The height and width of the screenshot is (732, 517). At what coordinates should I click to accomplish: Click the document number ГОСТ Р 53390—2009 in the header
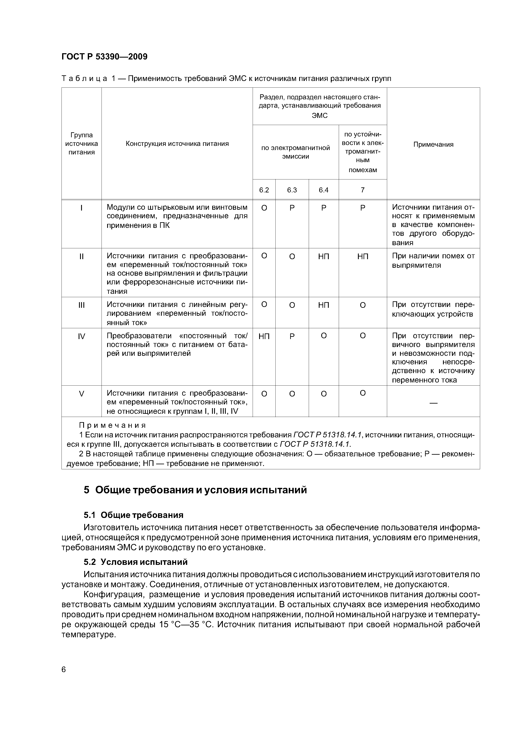(104, 57)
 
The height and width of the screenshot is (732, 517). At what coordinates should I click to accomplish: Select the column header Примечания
(433, 144)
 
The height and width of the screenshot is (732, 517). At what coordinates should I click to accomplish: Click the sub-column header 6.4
(323, 190)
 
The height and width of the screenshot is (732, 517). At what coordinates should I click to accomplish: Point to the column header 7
(363, 190)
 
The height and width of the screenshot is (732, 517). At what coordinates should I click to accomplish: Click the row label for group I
(82, 208)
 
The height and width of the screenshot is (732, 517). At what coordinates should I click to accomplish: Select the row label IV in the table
(82, 336)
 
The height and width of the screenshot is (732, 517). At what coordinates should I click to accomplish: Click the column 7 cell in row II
(363, 256)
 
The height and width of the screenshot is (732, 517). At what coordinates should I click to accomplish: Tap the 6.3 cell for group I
(292, 208)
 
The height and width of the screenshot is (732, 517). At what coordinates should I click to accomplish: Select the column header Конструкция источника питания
(177, 144)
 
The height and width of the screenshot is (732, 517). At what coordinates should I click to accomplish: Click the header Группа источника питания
(82, 144)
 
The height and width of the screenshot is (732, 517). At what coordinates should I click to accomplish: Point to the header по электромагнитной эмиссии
(296, 152)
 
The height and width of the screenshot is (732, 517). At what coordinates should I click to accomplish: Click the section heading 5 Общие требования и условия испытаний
(195, 490)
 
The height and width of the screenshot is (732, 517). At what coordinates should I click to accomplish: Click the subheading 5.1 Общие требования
(134, 515)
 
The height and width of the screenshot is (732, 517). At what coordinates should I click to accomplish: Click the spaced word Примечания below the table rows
(112, 425)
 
